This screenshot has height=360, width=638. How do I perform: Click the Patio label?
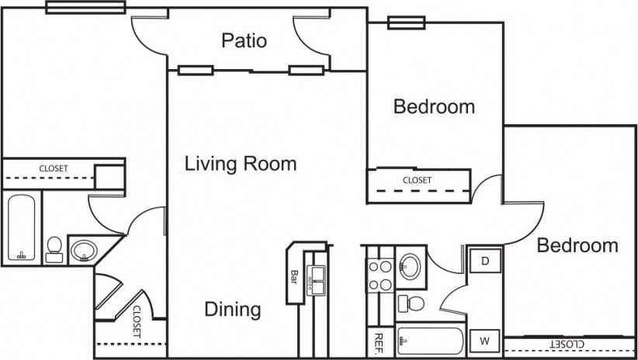(244, 40)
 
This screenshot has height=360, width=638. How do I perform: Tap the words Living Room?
(241, 164)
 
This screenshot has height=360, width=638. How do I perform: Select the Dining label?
(232, 310)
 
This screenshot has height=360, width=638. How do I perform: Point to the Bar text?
(295, 275)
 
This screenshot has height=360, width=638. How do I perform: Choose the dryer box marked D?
(485, 261)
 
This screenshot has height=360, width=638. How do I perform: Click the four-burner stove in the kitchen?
(380, 275)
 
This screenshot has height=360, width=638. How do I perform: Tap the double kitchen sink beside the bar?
(316, 279)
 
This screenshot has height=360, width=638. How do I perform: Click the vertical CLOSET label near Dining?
(137, 319)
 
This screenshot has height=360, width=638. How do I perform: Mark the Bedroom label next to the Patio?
(434, 106)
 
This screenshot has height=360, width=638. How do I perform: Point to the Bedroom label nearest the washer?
(577, 246)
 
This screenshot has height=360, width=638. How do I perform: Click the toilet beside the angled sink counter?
(54, 248)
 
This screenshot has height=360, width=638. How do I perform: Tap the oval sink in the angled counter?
(83, 251)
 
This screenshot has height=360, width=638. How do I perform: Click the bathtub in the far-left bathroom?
(21, 229)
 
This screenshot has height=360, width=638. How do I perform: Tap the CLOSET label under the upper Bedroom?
(417, 180)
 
